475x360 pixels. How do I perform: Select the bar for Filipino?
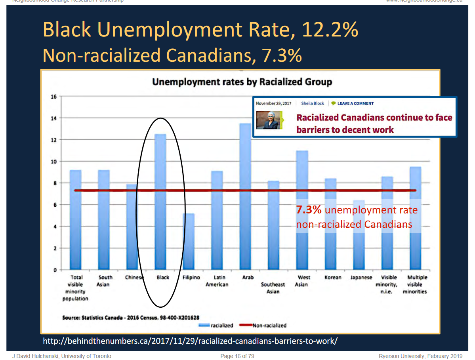[189, 242]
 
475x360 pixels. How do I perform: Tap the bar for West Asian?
[302, 174]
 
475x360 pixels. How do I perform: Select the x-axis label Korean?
[333, 278]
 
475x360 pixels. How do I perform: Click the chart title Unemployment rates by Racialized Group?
[242, 82]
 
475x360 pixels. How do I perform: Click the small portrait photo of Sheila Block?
[268, 120]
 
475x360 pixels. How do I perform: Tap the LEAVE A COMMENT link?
[355, 103]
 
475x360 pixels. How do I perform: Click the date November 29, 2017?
[273, 103]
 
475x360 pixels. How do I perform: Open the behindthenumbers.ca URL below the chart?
[190, 341]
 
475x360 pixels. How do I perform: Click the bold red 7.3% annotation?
[309, 210]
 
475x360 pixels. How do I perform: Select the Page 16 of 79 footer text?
[237, 356]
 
